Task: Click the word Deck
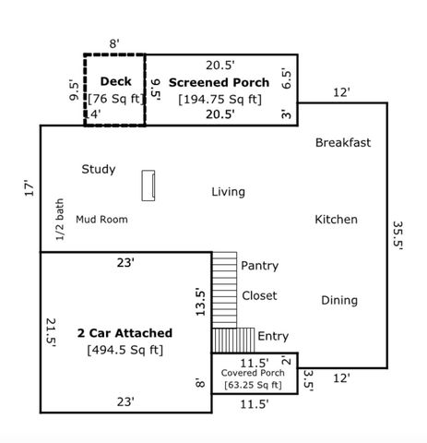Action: pos(115,82)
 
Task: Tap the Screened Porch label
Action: pos(219,82)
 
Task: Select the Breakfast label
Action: pos(342,142)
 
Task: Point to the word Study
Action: pos(98,169)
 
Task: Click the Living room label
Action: pos(228,192)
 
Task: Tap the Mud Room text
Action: pos(101,220)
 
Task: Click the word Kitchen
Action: pos(336,220)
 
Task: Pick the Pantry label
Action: pos(259,266)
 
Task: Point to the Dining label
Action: pos(339,300)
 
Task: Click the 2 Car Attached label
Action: pos(124,332)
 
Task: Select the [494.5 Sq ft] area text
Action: pos(124,350)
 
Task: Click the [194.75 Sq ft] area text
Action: pos(219,99)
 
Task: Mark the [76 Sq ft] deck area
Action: pos(115,99)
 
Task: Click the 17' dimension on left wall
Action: pos(29,188)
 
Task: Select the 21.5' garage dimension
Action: pos(51,333)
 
